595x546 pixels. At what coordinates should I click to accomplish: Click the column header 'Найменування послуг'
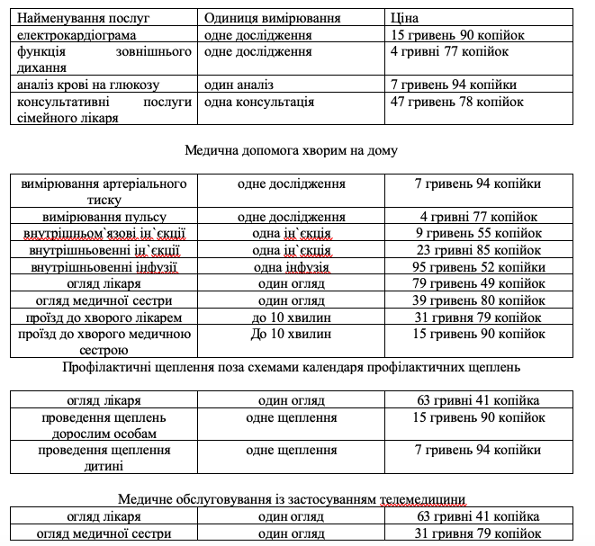pos(81,18)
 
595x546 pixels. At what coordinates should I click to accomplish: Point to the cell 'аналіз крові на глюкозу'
pos(87,85)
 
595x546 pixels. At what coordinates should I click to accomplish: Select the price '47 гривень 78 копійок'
pos(457,102)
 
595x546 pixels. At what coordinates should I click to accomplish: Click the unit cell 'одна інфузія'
pos(292,267)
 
